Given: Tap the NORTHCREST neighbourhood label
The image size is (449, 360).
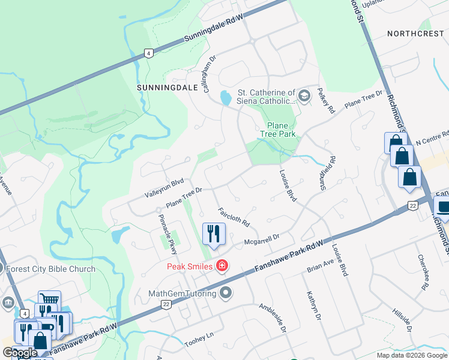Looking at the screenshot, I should click(x=415, y=34).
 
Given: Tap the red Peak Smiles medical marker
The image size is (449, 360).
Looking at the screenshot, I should click(x=222, y=265).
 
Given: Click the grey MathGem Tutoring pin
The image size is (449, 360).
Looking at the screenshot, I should click(x=226, y=293).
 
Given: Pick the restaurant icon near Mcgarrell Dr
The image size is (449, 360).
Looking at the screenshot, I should click(x=214, y=234).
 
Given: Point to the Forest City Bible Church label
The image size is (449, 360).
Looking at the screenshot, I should click(x=50, y=269).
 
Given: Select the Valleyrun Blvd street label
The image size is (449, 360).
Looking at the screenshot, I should click(x=163, y=187).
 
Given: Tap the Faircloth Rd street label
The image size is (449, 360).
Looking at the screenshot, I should click(x=234, y=217).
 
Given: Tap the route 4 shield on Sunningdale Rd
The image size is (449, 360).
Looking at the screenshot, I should click(x=147, y=53).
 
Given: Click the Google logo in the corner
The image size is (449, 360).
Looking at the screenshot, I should click(x=20, y=353).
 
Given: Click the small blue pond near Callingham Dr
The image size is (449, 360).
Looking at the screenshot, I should click(x=226, y=97).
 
